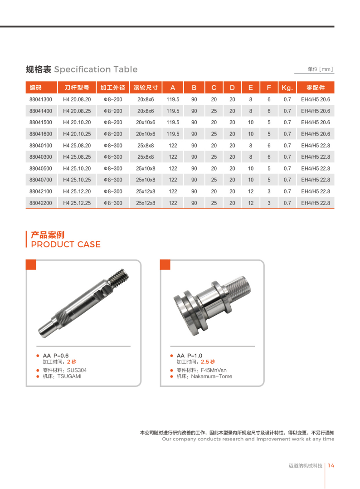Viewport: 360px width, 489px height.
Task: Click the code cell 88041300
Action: [x=41, y=99]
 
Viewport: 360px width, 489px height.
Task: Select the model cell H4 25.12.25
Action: [x=77, y=203]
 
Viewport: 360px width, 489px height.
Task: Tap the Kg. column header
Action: [x=287, y=88]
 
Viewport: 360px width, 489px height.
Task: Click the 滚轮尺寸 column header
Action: [x=146, y=88]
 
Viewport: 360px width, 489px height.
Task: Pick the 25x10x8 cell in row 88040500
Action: [x=146, y=169]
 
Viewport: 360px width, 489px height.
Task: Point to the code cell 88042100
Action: [x=41, y=191]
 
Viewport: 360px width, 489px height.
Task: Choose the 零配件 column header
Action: [x=316, y=88]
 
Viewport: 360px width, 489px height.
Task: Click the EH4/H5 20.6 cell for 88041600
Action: [x=316, y=134]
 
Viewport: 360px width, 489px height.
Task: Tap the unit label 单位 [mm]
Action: [x=320, y=69]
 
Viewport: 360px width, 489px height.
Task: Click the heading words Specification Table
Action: [x=96, y=69]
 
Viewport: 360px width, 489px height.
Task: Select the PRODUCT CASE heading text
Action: [x=66, y=244]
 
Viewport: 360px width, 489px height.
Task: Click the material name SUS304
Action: [x=77, y=370]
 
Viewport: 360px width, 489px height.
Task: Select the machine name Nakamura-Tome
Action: [x=212, y=377]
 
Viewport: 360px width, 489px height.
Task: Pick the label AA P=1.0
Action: [x=190, y=356]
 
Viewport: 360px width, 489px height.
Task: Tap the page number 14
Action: [x=331, y=466]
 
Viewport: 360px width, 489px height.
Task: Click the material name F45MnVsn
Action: [x=210, y=370]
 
